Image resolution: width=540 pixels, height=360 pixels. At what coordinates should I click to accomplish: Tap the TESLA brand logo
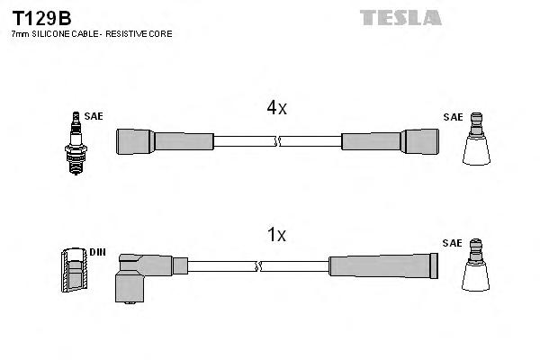[400, 16]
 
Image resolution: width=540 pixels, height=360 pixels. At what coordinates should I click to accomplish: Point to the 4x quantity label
[276, 109]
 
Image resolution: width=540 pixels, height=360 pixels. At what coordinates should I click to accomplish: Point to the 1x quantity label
[276, 236]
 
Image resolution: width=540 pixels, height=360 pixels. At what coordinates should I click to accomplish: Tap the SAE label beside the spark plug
[93, 117]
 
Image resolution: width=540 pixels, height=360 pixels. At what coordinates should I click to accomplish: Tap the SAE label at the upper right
[452, 117]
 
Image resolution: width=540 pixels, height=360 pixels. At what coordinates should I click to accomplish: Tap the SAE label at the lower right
[452, 243]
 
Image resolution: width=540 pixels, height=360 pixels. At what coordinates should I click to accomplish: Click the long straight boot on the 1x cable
[383, 265]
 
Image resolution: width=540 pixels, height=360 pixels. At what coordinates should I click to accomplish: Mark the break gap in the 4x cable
[279, 141]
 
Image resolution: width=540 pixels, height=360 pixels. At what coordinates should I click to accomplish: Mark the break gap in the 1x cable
[259, 266]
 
